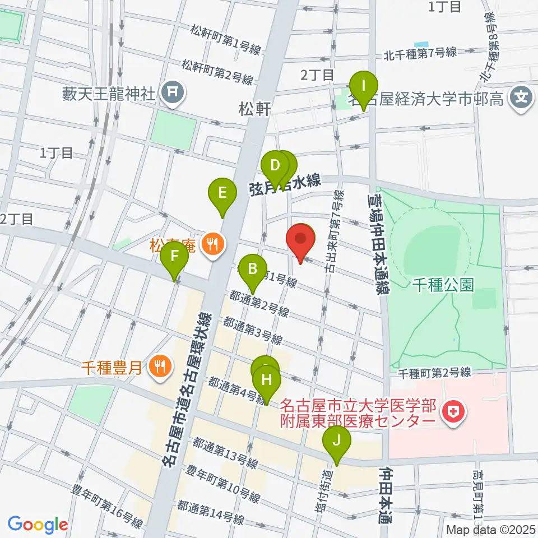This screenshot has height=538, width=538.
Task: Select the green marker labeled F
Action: [174, 257]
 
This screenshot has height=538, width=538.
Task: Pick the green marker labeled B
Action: [253, 270]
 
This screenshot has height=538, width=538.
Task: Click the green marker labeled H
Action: [267, 381]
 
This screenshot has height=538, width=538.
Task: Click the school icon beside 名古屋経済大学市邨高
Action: [521, 96]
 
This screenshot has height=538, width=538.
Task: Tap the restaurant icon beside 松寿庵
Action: [212, 244]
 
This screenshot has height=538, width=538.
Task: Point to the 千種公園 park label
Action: [443, 285]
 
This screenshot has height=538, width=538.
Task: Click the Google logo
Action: [38, 524]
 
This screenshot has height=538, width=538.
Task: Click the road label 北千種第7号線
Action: [420, 54]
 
